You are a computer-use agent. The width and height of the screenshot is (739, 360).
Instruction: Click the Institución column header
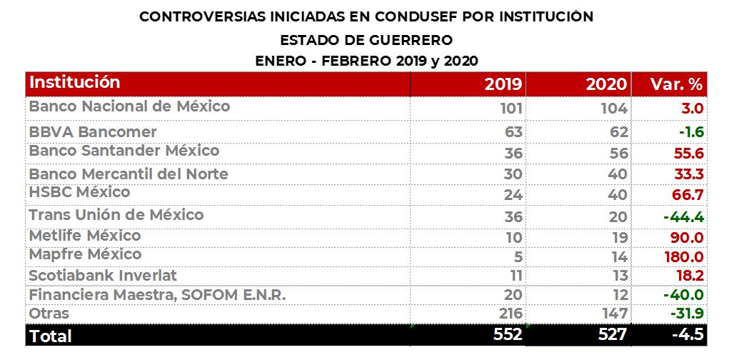(75, 82)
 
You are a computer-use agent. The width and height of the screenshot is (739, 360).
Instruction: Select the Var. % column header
(677, 84)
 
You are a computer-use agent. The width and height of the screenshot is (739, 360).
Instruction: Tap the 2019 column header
(503, 84)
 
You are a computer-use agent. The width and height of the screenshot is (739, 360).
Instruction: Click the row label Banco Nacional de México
(129, 106)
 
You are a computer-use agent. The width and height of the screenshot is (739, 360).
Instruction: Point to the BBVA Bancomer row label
(93, 132)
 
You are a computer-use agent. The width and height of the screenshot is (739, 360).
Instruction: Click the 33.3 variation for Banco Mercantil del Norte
(688, 174)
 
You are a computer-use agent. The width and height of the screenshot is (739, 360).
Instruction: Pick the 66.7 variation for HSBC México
(688, 195)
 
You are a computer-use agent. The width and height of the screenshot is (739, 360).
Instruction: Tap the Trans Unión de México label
(116, 215)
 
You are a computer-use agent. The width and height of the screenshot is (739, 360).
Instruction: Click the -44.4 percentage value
(683, 217)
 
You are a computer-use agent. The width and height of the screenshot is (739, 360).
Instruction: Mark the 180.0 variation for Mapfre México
(685, 257)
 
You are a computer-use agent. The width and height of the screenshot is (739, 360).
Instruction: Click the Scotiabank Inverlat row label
(103, 276)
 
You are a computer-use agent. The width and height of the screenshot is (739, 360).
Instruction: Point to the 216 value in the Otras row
(509, 314)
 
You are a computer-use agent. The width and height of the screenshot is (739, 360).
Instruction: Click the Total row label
(51, 335)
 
